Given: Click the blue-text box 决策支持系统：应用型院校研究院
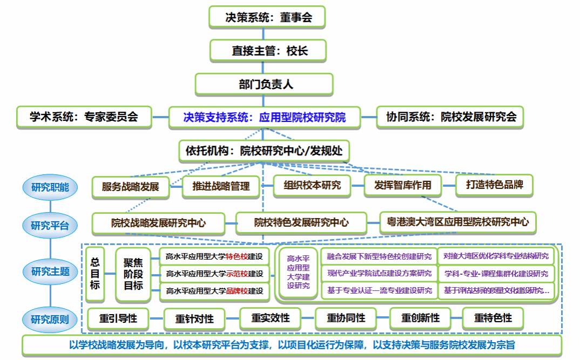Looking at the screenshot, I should [x=264, y=117].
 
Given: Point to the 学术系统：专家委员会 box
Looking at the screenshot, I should [x=84, y=117].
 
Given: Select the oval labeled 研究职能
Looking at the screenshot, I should [x=50, y=188].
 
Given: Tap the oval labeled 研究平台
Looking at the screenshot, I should [x=50, y=225].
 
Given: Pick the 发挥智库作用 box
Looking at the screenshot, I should [x=403, y=185].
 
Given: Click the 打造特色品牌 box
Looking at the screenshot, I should [x=494, y=185].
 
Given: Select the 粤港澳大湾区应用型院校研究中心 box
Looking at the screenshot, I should [x=457, y=222].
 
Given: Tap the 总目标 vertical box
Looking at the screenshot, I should [x=95, y=274].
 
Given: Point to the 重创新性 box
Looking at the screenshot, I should [x=420, y=318].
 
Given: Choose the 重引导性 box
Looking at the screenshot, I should [x=118, y=318].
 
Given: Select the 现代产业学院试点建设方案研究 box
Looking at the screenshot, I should [x=379, y=273].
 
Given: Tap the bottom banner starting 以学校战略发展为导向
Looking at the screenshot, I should [x=292, y=345].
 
